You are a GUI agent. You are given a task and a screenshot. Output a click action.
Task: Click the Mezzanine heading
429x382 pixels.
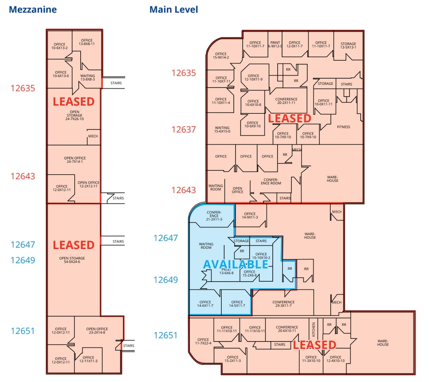33,9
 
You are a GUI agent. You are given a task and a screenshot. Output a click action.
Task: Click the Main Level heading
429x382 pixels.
173,9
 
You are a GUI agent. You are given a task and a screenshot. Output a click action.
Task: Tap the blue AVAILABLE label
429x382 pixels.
235,264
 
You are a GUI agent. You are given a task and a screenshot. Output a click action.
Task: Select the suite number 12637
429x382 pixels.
183,129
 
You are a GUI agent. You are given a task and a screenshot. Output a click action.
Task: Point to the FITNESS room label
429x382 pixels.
343,127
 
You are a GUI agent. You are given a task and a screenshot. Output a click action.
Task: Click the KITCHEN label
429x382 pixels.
314,329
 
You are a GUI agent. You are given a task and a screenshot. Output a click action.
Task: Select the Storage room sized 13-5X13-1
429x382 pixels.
348,45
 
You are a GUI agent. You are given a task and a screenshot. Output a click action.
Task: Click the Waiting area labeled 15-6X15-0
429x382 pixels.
222,129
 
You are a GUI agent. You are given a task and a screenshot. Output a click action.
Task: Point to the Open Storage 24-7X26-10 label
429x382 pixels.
74,115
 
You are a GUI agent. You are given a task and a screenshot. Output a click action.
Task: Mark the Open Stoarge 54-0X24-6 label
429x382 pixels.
72,260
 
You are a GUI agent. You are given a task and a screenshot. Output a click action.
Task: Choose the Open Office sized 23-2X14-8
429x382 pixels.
97,331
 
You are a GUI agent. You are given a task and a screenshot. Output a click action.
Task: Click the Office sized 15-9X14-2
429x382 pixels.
221,55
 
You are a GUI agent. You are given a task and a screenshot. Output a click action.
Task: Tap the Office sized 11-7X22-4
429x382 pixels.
203,341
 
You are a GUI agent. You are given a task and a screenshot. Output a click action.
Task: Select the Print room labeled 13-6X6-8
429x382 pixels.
226,272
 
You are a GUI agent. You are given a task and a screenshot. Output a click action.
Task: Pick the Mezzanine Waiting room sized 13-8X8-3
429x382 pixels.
87,78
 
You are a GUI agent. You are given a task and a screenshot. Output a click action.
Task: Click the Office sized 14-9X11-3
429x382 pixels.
250,216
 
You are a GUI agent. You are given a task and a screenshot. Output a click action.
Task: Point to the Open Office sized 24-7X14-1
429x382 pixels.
74,160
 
